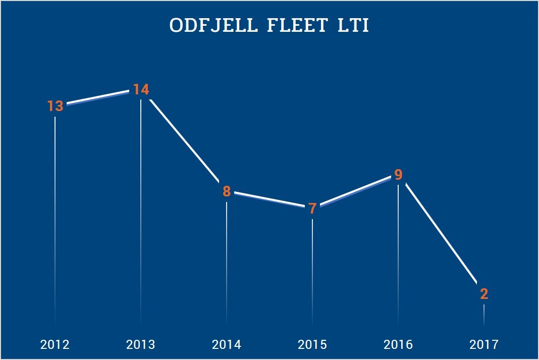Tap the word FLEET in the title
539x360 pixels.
296,26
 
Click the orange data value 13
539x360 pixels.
55,107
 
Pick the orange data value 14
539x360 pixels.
141,90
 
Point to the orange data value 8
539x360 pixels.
227,192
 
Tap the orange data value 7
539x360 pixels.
312,208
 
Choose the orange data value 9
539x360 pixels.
398,175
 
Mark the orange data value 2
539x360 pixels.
484,294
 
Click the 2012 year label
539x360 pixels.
55,345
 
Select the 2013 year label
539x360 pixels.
141,345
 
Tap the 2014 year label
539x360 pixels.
227,345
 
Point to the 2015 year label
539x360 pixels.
312,345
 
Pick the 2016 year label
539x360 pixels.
398,345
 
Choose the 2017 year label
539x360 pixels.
484,345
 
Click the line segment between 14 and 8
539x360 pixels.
184,140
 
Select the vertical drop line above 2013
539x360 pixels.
141,202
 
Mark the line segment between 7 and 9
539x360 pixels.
355,191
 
